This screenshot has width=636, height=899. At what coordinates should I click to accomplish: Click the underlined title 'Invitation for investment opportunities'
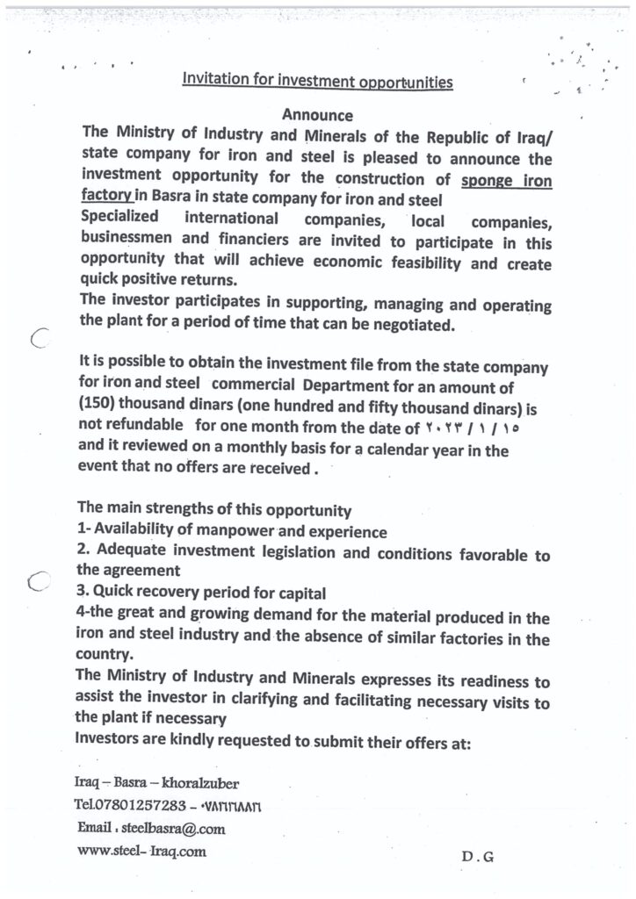point(317,81)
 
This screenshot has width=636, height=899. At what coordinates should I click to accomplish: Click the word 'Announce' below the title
point(317,115)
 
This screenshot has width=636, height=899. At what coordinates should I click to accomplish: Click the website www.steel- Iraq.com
point(141,851)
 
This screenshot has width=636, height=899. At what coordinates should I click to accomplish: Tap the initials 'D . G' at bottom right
point(477,858)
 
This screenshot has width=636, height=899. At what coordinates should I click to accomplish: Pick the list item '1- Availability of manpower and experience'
point(232,531)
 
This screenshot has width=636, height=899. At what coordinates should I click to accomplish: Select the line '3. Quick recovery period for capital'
point(202,593)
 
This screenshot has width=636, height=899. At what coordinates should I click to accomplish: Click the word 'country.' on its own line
point(106,655)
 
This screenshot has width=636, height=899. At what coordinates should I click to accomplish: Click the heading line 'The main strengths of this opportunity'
point(214,509)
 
